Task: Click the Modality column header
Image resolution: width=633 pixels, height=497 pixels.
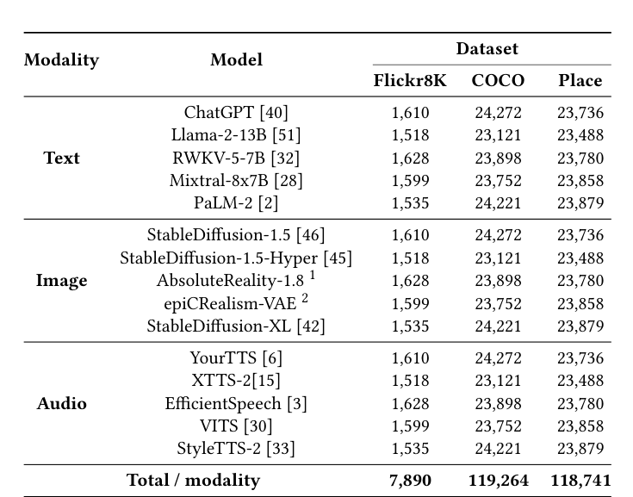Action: click(x=61, y=60)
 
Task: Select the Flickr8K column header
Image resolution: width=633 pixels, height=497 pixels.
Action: click(x=410, y=81)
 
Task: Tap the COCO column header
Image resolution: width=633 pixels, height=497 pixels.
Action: click(x=498, y=81)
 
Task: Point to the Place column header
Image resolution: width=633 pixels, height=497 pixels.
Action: click(x=580, y=81)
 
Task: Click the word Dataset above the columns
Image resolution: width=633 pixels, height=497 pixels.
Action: click(x=487, y=49)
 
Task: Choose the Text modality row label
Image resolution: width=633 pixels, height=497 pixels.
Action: click(x=61, y=158)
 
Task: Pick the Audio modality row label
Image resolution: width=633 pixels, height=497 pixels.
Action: click(x=61, y=404)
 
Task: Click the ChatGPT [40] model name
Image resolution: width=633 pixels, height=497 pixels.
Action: click(x=236, y=113)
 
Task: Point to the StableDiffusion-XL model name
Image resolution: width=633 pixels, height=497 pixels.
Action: click(x=236, y=326)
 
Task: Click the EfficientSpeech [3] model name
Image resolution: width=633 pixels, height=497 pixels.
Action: click(x=236, y=404)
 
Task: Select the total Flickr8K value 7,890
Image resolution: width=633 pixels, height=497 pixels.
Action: click(x=411, y=481)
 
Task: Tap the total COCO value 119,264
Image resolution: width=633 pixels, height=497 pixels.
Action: click(x=498, y=481)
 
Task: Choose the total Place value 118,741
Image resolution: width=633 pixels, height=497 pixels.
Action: click(x=580, y=481)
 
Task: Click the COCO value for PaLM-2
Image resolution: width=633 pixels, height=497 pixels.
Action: click(x=498, y=204)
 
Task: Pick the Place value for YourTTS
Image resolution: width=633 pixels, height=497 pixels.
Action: click(x=580, y=358)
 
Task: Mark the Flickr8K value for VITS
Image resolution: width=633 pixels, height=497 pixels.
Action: click(x=411, y=426)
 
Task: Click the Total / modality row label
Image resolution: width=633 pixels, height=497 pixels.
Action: click(x=193, y=481)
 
